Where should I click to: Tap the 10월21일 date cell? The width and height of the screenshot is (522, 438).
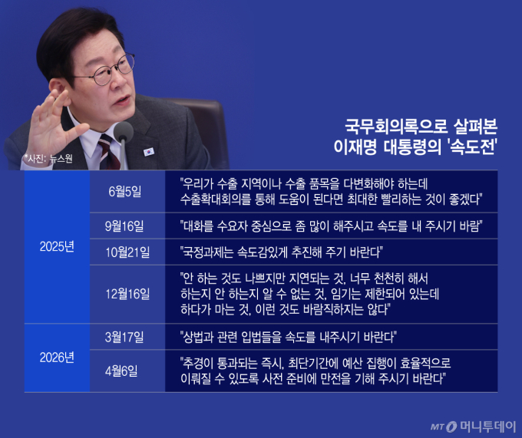(x=127, y=252)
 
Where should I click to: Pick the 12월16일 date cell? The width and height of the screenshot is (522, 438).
(x=127, y=294)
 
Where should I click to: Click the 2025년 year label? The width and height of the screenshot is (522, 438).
(x=57, y=247)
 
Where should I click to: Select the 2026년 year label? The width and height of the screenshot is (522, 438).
(x=57, y=358)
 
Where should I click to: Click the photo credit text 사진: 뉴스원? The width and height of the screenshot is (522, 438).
(x=48, y=159)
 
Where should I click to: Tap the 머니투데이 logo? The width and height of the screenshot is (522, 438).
(x=473, y=426)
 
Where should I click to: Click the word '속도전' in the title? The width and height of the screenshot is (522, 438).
(x=472, y=147)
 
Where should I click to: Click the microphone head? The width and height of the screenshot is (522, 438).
(x=123, y=130)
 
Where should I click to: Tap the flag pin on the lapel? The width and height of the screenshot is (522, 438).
(x=148, y=152)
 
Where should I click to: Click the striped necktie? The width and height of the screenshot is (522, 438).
(x=108, y=152)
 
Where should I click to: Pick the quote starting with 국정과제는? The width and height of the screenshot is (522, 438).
(x=281, y=252)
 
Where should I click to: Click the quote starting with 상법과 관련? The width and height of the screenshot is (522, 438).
(x=289, y=338)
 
